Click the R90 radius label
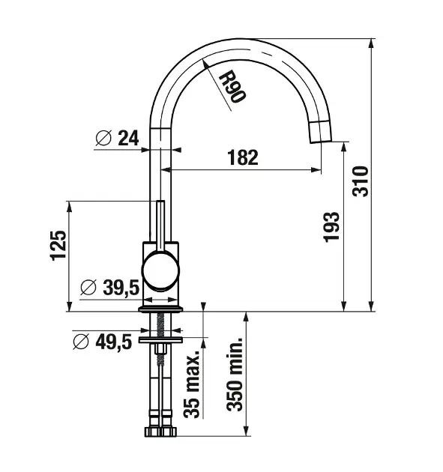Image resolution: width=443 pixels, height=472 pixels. pos(232,87)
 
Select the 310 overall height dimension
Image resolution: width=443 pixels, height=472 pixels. pos(361,181)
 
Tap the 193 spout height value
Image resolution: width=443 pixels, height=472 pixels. pos(331,227)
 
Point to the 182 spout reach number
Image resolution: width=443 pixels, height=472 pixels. pos(243,157)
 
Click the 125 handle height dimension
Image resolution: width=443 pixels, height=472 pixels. pos(58,245)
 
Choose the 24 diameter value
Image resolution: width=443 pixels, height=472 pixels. pos(128,138)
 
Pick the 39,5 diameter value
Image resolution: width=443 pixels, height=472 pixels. pos(121,287)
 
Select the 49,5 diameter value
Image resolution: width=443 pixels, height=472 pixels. pos(114,342)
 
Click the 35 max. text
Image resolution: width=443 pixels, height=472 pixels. pos(192,384)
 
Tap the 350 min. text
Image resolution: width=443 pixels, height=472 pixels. pos(235,374)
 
